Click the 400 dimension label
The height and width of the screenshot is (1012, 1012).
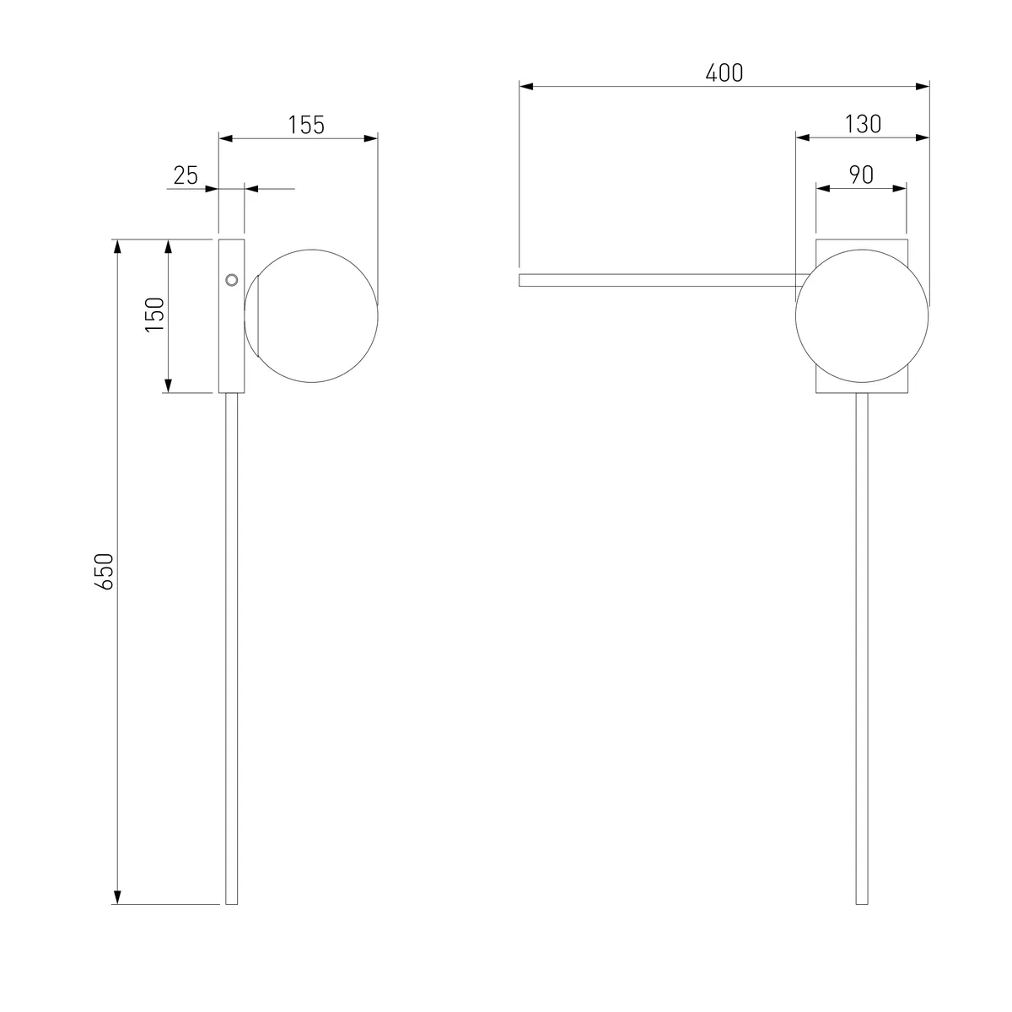click(724, 73)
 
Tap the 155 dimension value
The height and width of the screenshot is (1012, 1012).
click(306, 125)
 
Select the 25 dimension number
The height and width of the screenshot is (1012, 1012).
click(186, 175)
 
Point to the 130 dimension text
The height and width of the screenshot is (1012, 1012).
click(863, 125)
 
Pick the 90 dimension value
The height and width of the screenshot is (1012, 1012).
click(861, 175)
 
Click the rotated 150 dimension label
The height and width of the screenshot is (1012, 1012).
click(155, 315)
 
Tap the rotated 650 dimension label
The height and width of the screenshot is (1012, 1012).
click(105, 572)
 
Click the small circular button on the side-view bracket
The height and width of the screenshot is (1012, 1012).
click(232, 280)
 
